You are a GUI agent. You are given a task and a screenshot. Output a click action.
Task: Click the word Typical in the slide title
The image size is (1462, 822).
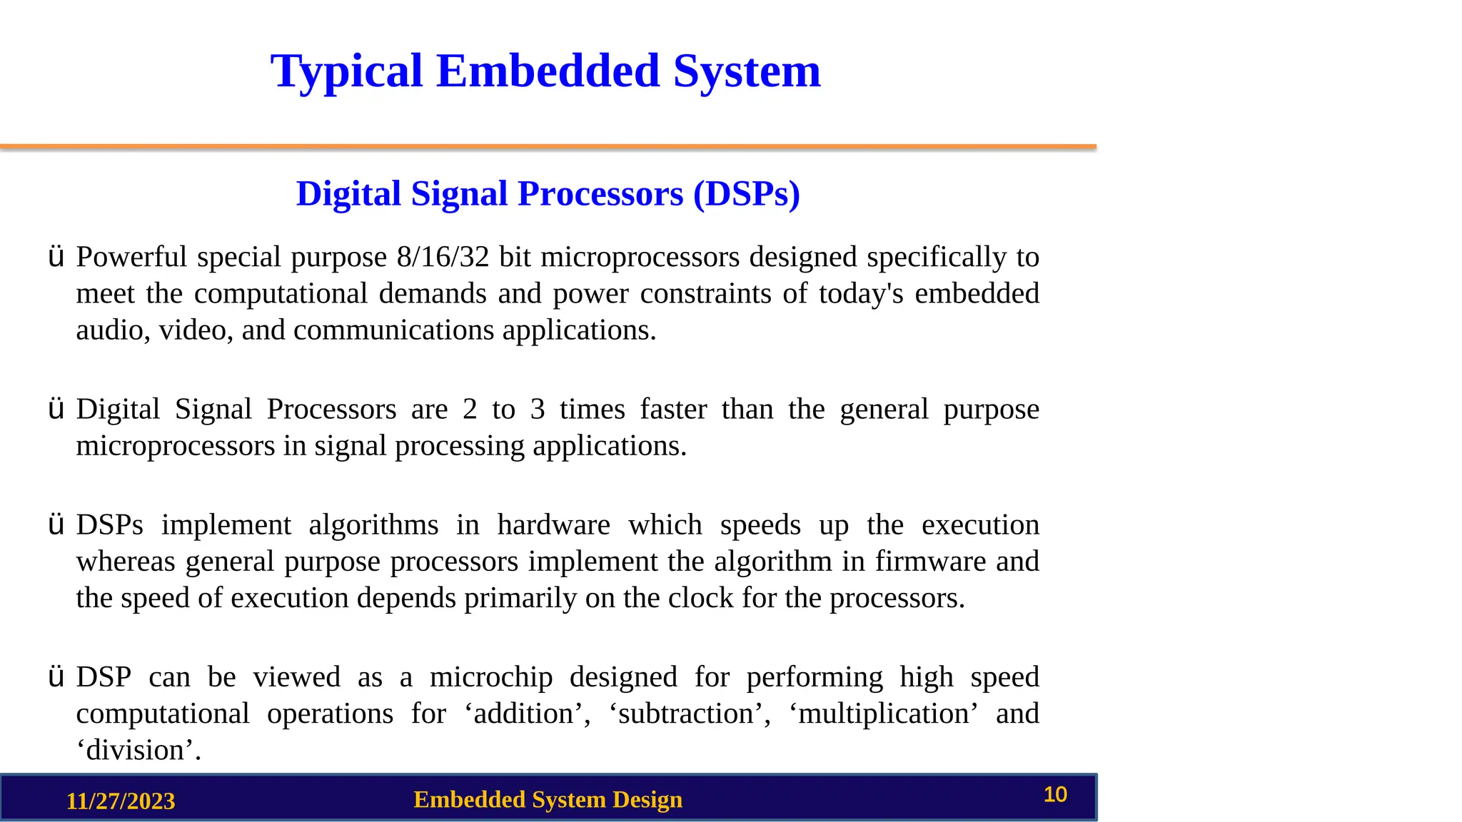coord(347,71)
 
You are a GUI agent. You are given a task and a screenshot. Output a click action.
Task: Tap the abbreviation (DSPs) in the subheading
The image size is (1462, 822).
coord(747,194)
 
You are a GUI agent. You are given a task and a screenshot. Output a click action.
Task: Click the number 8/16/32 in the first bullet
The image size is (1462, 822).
coord(443,257)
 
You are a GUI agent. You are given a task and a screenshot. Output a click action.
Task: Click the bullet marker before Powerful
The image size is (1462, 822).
coord(56,257)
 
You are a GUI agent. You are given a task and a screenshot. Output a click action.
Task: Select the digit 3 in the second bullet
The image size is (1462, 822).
coord(538,410)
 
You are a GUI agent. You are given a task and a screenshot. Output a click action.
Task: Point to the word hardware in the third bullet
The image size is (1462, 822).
coord(553,525)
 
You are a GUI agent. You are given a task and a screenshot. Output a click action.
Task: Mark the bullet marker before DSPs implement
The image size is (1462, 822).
coord(56,525)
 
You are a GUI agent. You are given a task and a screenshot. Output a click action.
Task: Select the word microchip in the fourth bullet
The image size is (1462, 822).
coord(491,677)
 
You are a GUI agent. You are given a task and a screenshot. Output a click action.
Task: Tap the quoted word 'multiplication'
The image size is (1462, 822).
coord(884,714)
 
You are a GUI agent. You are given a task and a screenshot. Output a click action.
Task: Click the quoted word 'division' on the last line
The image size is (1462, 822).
coord(138,751)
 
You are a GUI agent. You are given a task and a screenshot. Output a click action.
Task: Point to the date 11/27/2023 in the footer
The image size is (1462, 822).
coord(121,801)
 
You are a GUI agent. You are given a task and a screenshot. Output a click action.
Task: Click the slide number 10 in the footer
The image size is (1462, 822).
coord(1055,795)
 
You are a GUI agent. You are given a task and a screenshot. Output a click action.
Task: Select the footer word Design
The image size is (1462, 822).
coord(647,800)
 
